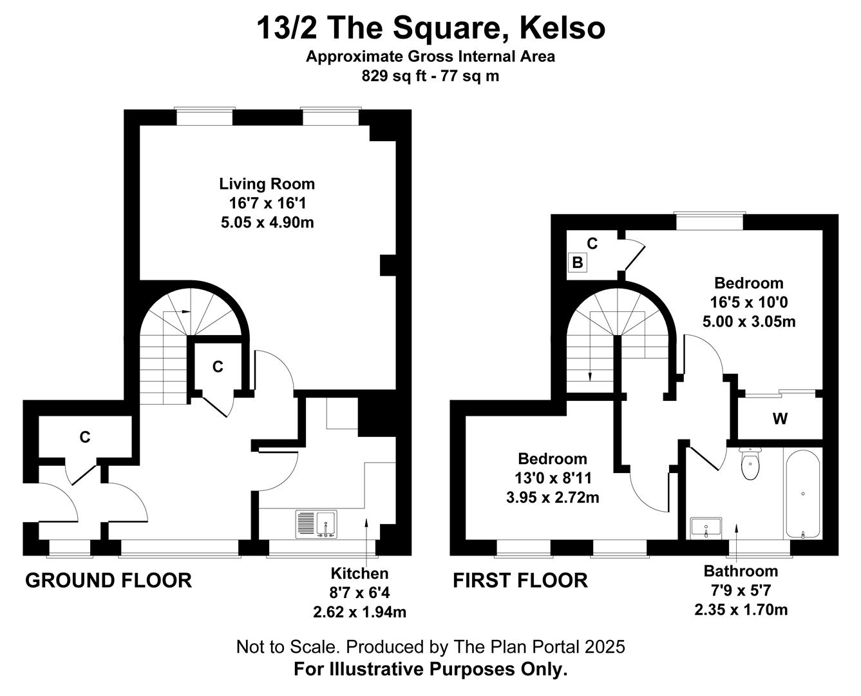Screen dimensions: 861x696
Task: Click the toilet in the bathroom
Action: coord(750,463)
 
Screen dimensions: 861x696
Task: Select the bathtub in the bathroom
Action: coord(803,494)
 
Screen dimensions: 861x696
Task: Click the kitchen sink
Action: coord(316,525)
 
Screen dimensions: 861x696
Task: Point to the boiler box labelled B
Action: coord(577,263)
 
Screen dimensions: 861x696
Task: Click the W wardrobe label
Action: coord(780,419)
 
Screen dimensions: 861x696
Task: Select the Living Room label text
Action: coord(267,184)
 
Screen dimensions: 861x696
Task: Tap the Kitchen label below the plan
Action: coord(359,574)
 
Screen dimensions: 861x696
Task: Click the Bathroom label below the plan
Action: coord(741,571)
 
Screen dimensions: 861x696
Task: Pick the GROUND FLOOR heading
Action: coord(108,581)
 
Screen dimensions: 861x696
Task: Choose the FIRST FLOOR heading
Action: coord(520,581)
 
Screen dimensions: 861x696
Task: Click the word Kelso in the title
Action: coord(562,28)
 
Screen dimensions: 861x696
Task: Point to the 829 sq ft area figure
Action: coord(393,76)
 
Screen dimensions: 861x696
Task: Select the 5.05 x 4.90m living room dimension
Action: coord(267,222)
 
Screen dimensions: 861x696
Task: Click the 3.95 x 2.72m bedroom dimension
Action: coord(553,498)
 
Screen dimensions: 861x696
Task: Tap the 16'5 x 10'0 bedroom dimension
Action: coord(749,302)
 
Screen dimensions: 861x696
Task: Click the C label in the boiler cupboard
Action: coord(592,244)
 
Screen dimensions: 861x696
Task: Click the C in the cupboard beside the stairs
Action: coord(218,367)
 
